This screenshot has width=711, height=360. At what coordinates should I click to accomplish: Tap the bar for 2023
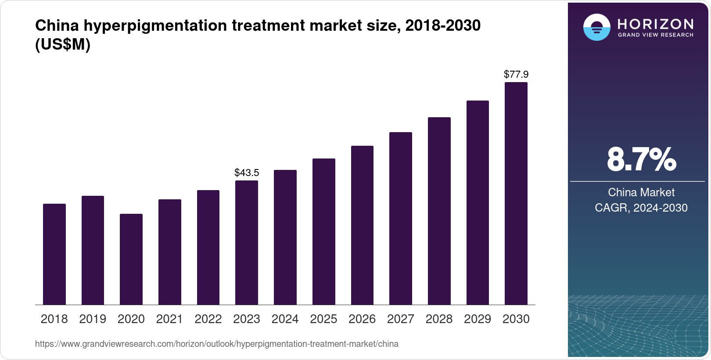coord(247,242)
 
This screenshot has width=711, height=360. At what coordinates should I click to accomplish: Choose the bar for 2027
coord(400,218)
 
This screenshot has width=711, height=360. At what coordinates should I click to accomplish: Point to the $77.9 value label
coord(516,74)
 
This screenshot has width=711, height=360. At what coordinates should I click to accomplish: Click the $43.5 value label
coord(247,173)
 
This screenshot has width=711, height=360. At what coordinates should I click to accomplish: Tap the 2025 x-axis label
coord(323,319)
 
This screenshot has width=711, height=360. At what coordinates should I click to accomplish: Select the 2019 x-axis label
coord(93,319)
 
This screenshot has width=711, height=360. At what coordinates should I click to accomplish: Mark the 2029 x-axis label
coord(478,319)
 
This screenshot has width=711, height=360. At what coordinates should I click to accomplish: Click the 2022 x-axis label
coord(208,319)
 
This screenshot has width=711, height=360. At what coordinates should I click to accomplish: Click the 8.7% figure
coord(641,160)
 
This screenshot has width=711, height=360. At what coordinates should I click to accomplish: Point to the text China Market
coord(641,192)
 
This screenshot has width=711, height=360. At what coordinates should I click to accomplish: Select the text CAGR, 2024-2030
coord(641,208)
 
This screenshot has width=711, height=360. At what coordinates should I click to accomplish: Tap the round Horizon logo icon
coord(596,27)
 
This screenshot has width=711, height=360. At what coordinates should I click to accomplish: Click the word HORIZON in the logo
coord(655,24)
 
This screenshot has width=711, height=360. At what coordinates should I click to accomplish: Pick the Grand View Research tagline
coord(655,35)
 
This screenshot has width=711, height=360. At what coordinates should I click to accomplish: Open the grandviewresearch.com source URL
coord(217,344)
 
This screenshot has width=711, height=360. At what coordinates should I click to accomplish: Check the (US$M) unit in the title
coord(63,44)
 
